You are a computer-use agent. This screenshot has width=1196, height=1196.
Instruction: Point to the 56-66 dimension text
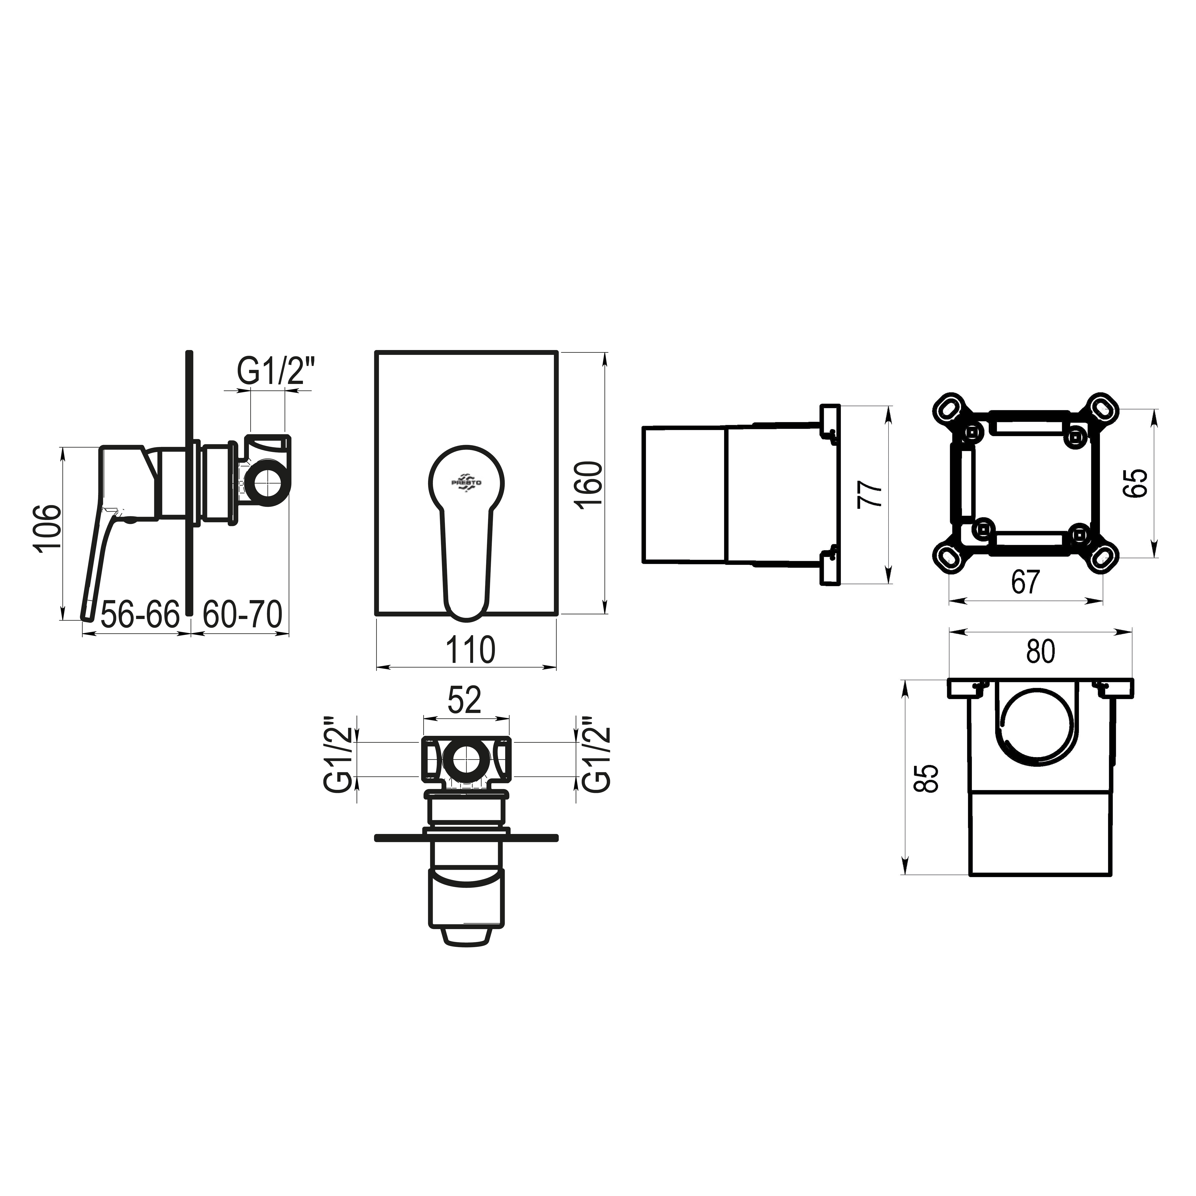pyautogui.click(x=140, y=615)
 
